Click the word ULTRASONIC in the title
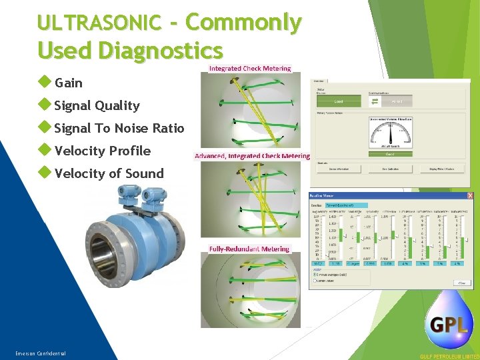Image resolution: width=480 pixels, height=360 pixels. tap(99, 23)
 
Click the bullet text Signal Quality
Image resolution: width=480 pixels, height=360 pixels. tap(97, 105)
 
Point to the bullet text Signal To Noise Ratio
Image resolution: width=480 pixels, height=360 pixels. tap(119, 128)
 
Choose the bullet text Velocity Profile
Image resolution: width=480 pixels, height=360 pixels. tap(103, 151)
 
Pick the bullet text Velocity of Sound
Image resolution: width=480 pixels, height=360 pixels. tap(109, 173)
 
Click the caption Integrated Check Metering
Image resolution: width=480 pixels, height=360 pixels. tap(250, 68)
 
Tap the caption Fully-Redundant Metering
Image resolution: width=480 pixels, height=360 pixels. tap(249, 249)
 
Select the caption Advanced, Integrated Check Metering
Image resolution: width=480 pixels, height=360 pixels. tap(252, 156)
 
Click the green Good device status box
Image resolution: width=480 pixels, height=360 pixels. tap(338, 101)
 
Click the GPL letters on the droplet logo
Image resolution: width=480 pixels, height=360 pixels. tap(448, 325)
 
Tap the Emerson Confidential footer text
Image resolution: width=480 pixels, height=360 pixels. tap(41, 353)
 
